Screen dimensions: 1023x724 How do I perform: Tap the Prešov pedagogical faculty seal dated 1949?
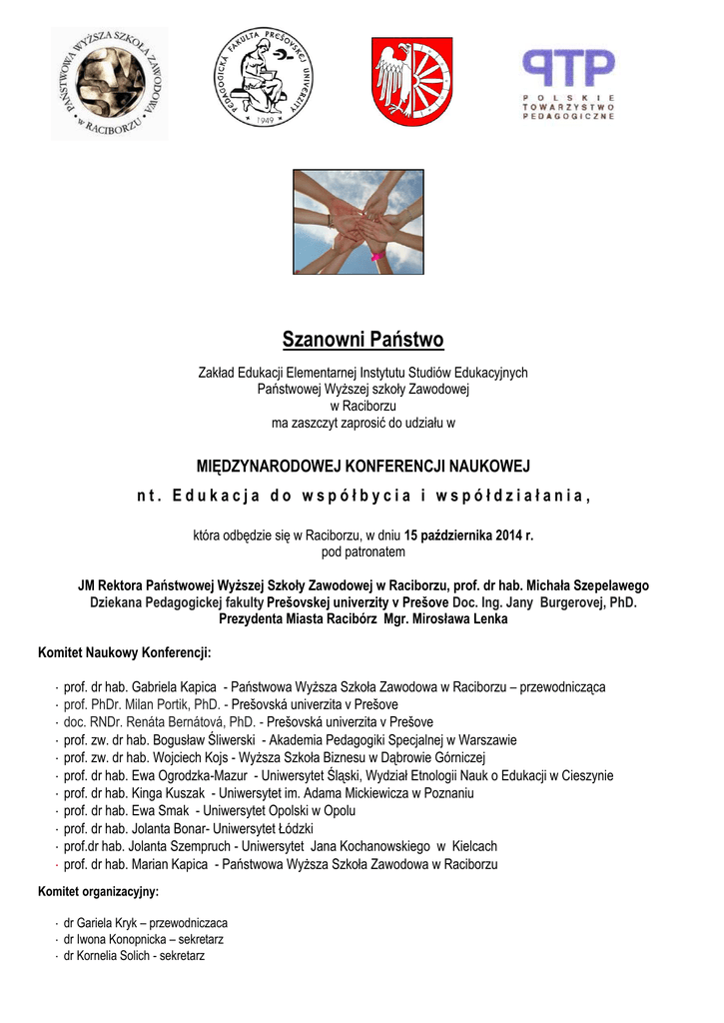coord(263,78)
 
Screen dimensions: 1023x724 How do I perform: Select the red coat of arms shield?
coord(412,81)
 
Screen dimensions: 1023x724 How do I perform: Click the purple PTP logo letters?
coord(569,69)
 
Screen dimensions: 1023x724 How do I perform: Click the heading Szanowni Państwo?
coord(362,340)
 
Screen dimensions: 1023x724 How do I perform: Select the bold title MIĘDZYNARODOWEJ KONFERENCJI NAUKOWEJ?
coord(362,467)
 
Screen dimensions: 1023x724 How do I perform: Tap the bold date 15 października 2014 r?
coord(469,535)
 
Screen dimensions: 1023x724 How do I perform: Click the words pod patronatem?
coord(362,551)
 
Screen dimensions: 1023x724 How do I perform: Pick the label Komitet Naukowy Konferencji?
coord(124,653)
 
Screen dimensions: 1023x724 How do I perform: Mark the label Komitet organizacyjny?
coord(98,891)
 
